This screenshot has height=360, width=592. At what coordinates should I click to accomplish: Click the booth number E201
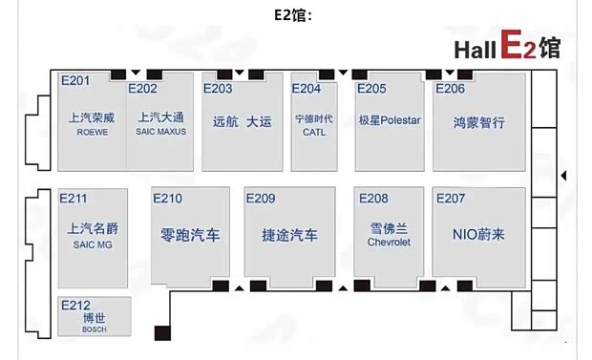click(x=74, y=80)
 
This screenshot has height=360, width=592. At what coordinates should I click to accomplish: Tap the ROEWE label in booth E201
click(x=92, y=133)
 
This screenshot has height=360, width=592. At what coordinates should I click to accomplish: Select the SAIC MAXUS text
click(x=160, y=132)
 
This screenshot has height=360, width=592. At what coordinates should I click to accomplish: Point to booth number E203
click(x=218, y=89)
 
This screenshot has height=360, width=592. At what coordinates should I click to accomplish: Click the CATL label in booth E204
click(x=314, y=133)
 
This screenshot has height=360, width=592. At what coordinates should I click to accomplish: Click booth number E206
click(x=450, y=89)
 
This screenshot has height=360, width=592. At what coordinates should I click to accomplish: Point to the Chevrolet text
click(x=389, y=243)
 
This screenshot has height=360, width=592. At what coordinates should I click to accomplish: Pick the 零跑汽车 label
click(x=191, y=234)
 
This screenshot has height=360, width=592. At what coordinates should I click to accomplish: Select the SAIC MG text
click(x=92, y=244)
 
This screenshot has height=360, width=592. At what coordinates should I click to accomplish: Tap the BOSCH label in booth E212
click(x=95, y=329)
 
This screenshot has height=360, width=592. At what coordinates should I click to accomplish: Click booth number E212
click(x=75, y=306)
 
